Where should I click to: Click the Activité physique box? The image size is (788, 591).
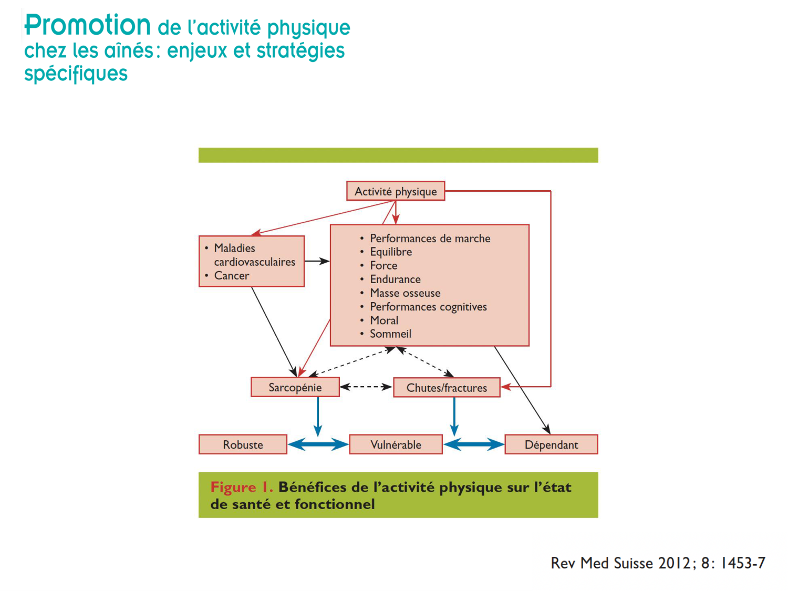(395, 191)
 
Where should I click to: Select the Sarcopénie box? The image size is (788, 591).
(295, 387)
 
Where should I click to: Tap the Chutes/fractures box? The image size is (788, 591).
(447, 387)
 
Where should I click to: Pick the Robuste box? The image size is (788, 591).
(243, 444)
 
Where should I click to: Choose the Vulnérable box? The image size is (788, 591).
(396, 444)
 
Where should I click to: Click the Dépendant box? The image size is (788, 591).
(551, 444)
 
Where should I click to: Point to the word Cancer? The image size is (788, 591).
(231, 276)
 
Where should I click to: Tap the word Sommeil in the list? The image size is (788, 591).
(390, 334)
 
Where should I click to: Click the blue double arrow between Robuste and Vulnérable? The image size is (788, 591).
(318, 444)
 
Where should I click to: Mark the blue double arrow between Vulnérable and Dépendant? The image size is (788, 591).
(474, 444)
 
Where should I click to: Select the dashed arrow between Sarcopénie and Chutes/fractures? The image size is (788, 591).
(366, 387)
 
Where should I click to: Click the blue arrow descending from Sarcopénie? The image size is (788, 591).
(318, 416)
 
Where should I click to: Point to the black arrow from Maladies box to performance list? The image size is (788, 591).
(317, 261)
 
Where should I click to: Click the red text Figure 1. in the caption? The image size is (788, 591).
(242, 487)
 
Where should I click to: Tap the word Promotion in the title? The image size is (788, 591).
(88, 25)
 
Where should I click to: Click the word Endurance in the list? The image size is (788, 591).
(395, 279)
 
